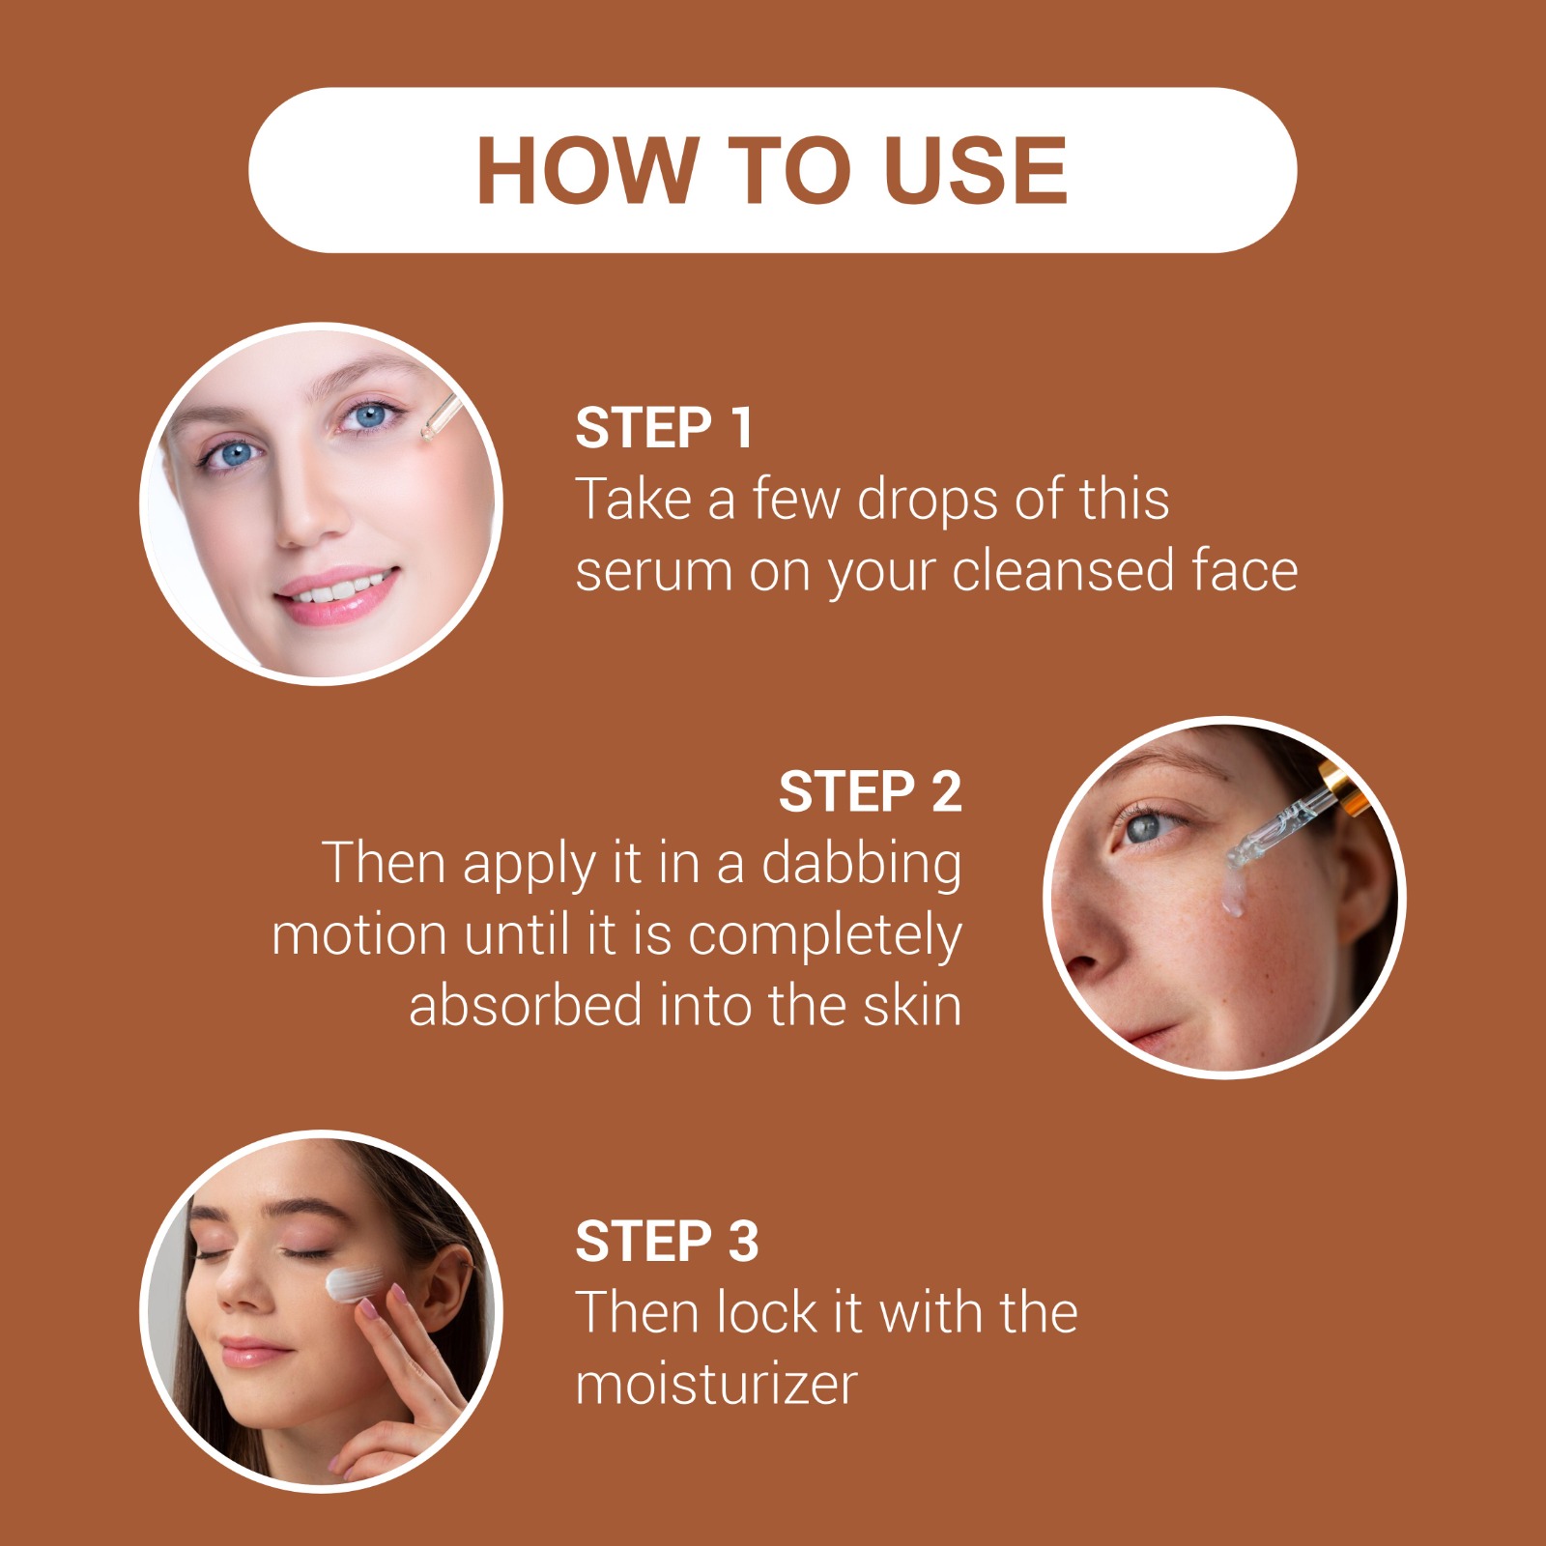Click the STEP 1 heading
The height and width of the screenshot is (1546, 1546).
pos(664,428)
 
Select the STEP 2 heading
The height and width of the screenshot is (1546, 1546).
pos(870,792)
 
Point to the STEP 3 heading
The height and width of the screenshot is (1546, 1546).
pos(667,1242)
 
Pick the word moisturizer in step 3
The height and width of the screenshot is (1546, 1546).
pos(716,1385)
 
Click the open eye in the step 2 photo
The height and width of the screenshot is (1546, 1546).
pos(1146,827)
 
